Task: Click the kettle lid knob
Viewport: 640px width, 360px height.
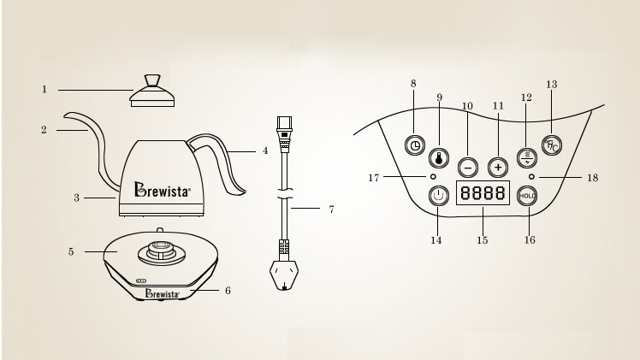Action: click(x=151, y=81)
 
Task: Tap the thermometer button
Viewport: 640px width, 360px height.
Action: click(x=439, y=156)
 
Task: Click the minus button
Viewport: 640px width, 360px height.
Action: click(x=467, y=167)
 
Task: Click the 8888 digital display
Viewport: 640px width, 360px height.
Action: click(x=481, y=194)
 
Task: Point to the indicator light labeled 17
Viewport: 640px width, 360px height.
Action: click(x=433, y=176)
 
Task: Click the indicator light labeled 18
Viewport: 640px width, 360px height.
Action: click(x=532, y=177)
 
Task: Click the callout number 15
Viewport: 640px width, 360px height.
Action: click(x=482, y=241)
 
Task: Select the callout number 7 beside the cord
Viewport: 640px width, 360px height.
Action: click(x=330, y=209)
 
